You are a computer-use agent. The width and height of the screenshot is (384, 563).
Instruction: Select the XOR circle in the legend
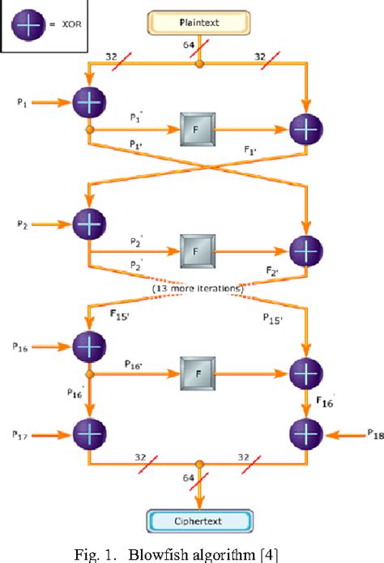pyautogui.click(x=28, y=24)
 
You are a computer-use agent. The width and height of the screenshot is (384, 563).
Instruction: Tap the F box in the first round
pyautogui.click(x=197, y=130)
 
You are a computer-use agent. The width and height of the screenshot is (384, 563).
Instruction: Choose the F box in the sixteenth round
pyautogui.click(x=197, y=374)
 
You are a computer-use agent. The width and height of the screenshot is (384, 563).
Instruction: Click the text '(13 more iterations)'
pyautogui.click(x=198, y=288)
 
